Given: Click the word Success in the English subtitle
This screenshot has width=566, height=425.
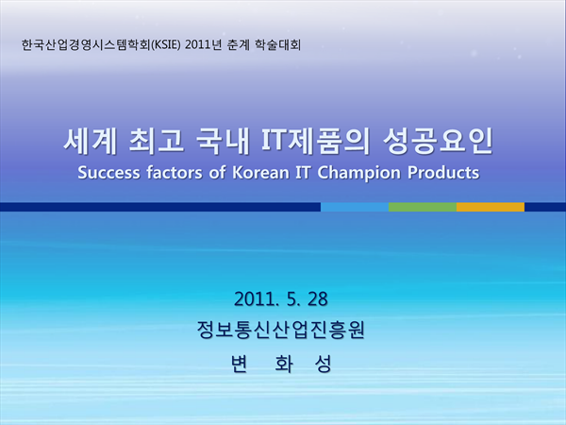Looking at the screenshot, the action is (x=109, y=173).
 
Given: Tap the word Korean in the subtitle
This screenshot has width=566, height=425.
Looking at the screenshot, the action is (x=260, y=173).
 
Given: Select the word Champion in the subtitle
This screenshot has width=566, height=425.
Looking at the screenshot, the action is (x=358, y=174).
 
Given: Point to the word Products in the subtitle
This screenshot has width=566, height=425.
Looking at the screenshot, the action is (x=443, y=173).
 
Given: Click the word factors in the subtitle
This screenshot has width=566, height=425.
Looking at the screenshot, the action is (x=174, y=173).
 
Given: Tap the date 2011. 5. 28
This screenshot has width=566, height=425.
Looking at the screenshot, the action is (x=281, y=298).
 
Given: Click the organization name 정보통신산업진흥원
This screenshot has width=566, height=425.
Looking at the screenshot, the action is (x=280, y=330).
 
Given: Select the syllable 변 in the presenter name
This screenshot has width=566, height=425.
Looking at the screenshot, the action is (x=240, y=364).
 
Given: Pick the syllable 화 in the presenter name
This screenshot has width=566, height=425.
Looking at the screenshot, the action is (x=283, y=364).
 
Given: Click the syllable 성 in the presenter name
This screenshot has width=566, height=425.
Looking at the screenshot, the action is (x=323, y=364).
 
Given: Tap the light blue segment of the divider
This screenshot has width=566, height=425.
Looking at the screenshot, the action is (x=355, y=207).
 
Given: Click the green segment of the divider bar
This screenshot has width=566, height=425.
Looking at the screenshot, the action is (x=423, y=207).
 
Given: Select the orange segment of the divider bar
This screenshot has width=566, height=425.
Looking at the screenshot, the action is (x=491, y=207).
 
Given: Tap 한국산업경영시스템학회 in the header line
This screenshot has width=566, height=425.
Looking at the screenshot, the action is (x=86, y=45).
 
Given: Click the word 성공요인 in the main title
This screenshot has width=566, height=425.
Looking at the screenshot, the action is (x=438, y=142).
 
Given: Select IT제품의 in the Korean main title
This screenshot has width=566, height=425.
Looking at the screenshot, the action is (x=316, y=142).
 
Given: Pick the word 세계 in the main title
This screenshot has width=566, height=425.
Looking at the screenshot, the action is (x=90, y=142).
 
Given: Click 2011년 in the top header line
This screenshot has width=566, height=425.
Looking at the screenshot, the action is (x=203, y=45).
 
